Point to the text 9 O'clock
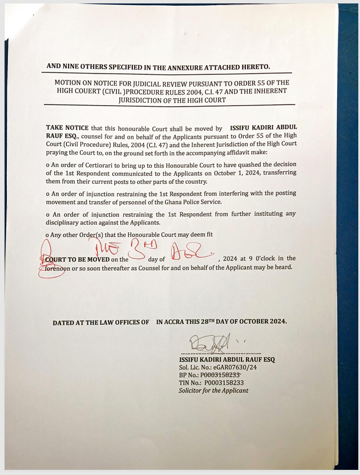point(254,259)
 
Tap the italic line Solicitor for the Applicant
point(213,391)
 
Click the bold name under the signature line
point(226,360)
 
